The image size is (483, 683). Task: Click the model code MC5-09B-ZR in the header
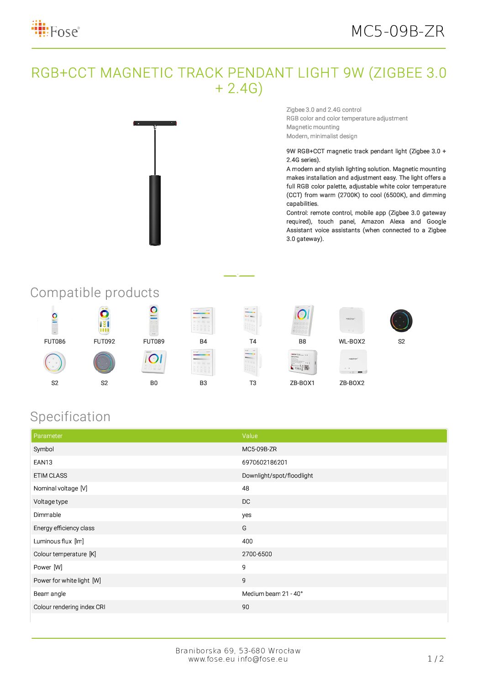point(398,31)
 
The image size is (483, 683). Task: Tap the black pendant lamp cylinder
point(155,210)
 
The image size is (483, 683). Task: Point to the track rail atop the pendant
point(155,123)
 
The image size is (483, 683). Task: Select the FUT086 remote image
point(55,320)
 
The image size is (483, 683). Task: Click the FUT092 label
point(104,341)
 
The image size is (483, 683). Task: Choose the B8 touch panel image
point(302,320)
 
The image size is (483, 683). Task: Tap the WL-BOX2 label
point(352,341)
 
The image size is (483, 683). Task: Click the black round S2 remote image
point(401,320)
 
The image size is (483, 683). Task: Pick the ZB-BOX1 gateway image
point(302,362)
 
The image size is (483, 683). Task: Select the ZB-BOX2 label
point(352,383)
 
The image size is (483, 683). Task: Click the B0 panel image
point(154,362)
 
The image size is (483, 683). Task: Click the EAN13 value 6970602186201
point(265,462)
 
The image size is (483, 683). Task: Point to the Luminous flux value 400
point(247,541)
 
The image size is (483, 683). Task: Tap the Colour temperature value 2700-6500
point(257,554)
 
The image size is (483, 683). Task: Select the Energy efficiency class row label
point(64,528)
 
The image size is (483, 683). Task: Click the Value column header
point(250,436)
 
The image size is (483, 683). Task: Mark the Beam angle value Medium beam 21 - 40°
point(273,594)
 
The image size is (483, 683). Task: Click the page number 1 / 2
point(436,658)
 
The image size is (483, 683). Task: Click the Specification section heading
point(70,417)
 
